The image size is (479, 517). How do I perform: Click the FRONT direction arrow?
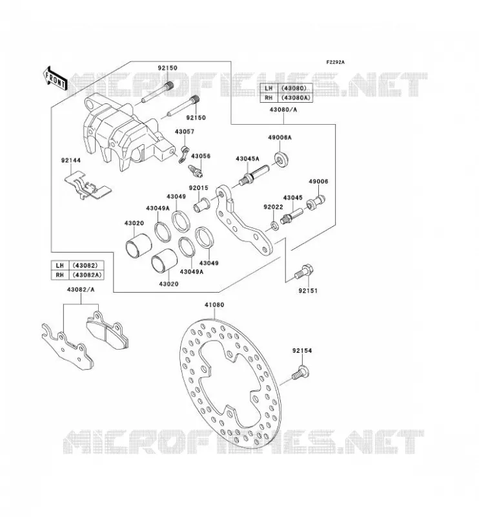[55, 79]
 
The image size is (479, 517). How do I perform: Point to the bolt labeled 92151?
[303, 272]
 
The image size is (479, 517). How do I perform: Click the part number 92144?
[71, 160]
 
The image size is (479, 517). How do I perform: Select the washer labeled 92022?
[274, 226]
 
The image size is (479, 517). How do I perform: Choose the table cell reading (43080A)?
[295, 98]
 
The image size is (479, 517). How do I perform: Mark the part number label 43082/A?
[81, 290]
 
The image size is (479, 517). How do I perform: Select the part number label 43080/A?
[283, 110]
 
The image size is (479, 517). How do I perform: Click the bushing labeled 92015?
[201, 204]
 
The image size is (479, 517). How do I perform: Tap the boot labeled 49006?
[316, 202]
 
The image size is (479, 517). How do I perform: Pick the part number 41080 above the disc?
[214, 305]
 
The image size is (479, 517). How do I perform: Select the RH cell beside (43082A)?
[60, 275]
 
